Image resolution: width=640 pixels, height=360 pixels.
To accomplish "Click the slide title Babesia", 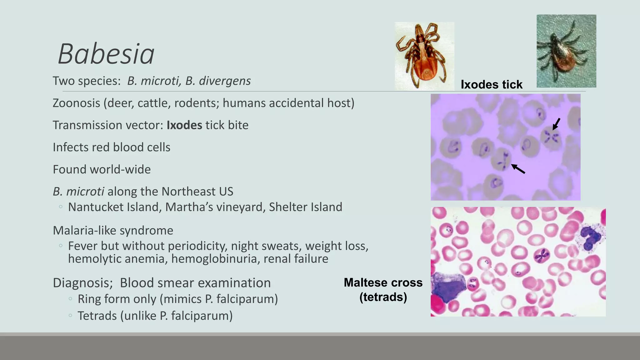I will (x=106, y=54).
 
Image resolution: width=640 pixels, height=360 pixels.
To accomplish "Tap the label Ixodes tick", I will (x=491, y=84).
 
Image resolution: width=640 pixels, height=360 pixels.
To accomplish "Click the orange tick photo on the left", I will (x=424, y=56).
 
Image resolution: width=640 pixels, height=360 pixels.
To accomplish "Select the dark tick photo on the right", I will (x=566, y=51).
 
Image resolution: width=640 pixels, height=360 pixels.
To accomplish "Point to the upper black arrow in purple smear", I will (x=556, y=124).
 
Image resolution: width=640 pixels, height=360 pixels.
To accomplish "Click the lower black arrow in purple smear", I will (x=518, y=169).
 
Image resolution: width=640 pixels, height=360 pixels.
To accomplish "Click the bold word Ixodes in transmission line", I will (x=184, y=125).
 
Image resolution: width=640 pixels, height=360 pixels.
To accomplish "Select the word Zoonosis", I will (x=76, y=103).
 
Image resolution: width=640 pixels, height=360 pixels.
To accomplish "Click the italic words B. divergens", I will (x=218, y=81).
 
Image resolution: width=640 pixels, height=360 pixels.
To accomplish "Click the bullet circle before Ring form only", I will (x=70, y=299).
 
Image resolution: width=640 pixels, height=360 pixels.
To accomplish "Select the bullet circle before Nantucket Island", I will (x=61, y=207).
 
